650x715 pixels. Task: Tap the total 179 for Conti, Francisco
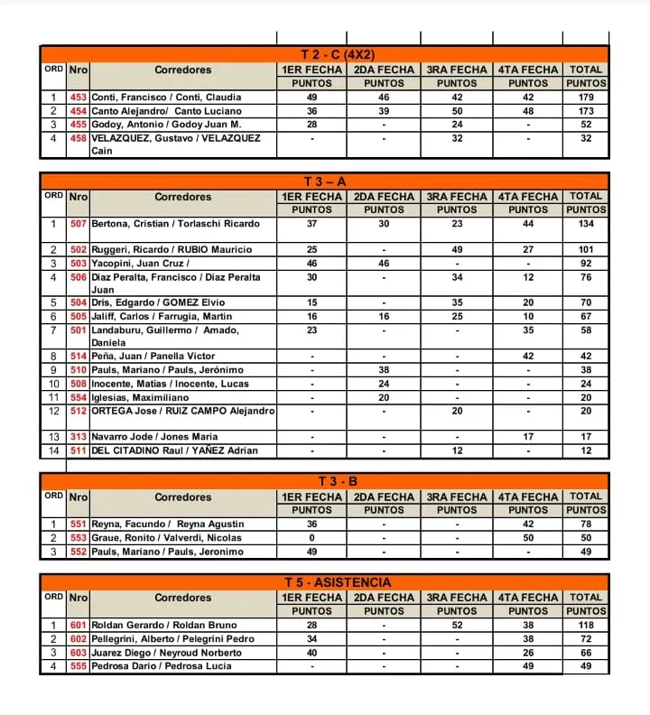point(586,97)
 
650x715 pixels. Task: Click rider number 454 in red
point(79,111)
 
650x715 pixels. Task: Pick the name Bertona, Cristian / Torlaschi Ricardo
point(176,224)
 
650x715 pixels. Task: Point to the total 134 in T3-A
point(586,224)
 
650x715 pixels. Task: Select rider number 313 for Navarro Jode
point(79,437)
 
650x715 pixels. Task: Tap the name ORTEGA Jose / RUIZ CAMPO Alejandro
point(183,411)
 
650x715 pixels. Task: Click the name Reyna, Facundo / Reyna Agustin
point(168,525)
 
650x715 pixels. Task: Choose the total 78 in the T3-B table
point(586,525)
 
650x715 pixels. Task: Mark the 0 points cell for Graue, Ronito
point(311,538)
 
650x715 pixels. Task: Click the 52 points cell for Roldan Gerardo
point(457,626)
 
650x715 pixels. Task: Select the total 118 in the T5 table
point(586,626)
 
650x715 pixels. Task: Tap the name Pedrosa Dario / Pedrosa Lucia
point(162,666)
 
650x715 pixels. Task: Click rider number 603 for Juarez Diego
point(79,653)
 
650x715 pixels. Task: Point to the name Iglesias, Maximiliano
point(141,397)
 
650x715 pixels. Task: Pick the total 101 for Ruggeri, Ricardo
point(586,249)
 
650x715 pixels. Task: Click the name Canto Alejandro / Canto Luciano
point(167,111)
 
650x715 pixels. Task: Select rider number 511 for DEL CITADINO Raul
point(79,450)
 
